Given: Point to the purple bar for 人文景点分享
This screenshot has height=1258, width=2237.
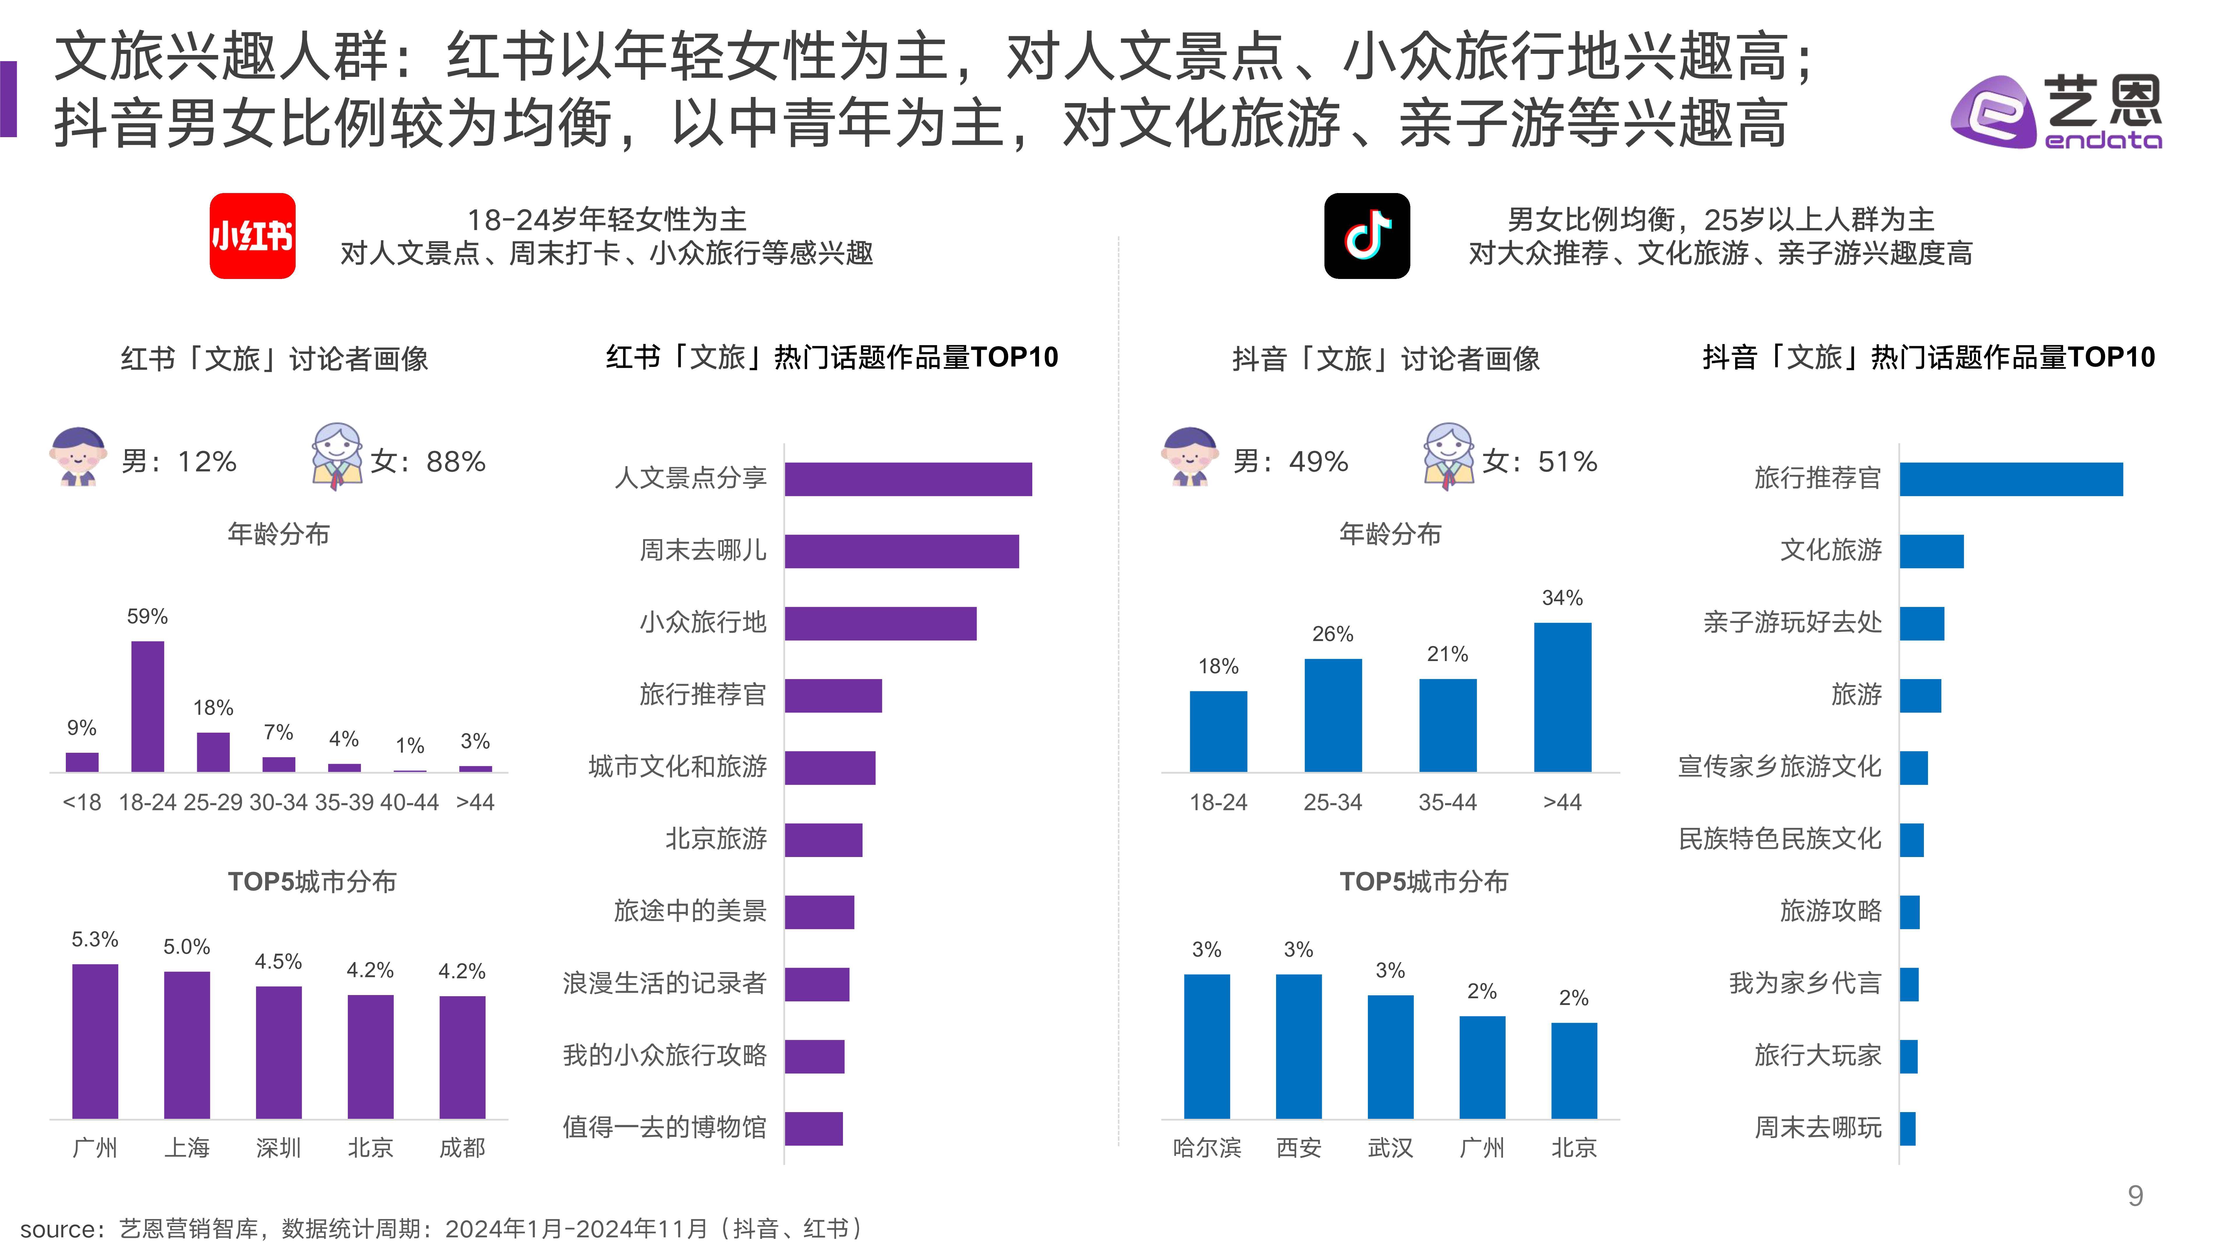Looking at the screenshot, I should (x=908, y=479).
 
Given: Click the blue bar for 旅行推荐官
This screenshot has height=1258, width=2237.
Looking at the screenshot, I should (x=2010, y=479).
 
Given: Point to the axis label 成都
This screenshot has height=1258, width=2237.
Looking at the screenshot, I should (x=462, y=1148).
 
